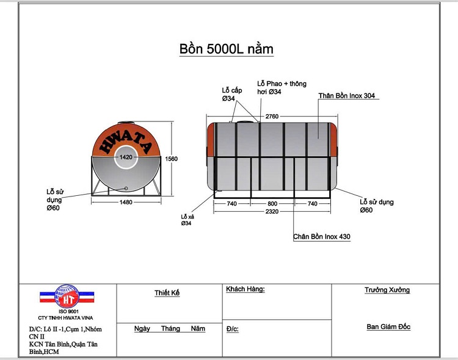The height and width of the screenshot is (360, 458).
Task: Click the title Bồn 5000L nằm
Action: [x=226, y=49]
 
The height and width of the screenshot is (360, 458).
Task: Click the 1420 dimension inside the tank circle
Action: [x=126, y=157]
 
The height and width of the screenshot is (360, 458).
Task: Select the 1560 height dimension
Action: [x=172, y=159]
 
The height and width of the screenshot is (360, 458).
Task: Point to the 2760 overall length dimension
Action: [x=272, y=116]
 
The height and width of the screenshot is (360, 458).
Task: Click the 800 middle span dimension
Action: [x=272, y=204]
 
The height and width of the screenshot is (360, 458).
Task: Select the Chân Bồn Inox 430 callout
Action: [x=321, y=236]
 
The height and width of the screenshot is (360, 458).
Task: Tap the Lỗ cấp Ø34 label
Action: [x=231, y=94]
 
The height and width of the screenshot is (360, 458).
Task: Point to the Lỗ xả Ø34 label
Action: [x=187, y=220]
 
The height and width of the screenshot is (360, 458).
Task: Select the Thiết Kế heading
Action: [x=167, y=293]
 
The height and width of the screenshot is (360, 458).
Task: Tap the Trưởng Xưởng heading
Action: [x=387, y=290]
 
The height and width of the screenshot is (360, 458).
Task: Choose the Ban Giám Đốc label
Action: [x=388, y=326]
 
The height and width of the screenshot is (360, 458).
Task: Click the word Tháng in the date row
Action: [x=170, y=328]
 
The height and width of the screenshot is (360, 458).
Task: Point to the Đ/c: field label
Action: [x=232, y=329]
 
